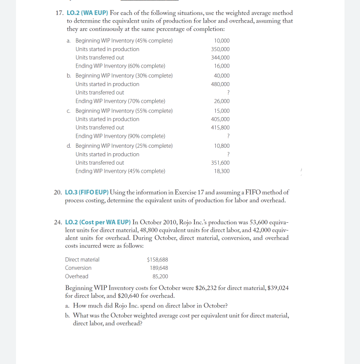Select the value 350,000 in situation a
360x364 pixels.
[221, 49]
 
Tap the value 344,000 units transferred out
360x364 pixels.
[221, 58]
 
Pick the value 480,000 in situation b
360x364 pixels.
[221, 84]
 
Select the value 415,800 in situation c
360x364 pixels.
[221, 128]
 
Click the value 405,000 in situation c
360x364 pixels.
[221, 119]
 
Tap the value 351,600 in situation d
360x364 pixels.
[221, 163]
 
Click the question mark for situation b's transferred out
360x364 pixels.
[228, 93]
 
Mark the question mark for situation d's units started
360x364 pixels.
[228, 154]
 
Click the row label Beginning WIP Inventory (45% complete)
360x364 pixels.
[124, 41]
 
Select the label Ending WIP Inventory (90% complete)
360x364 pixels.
[120, 136]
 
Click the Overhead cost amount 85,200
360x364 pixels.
[160, 276]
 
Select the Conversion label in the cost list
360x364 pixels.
[78, 268]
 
